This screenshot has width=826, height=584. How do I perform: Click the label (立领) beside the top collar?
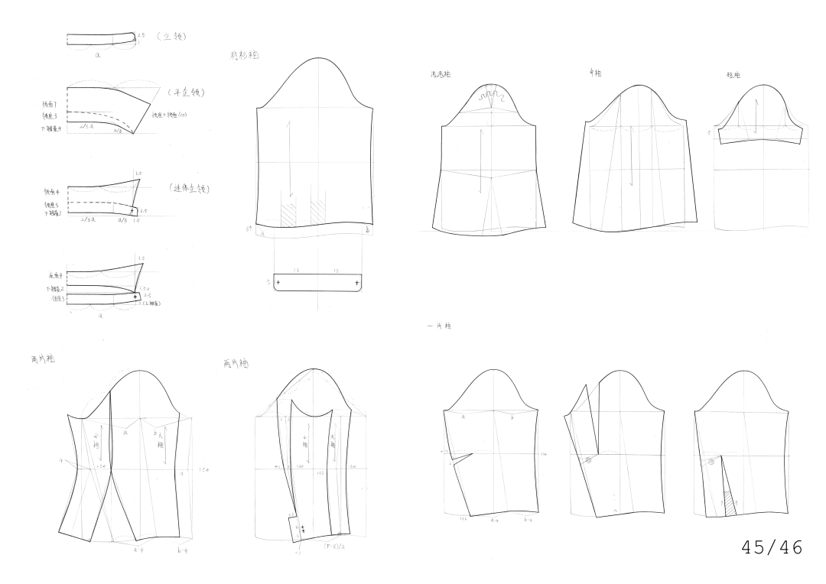172,36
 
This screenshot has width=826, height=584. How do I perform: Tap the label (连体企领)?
189,188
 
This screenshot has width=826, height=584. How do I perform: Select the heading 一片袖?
440,326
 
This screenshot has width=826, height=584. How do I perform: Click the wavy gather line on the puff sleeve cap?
492,96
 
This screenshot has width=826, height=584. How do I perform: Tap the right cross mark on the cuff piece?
357,283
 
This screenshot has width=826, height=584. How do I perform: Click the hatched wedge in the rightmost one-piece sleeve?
730,504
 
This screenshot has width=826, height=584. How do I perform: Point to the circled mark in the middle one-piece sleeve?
588,460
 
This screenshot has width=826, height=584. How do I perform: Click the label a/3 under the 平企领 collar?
117,131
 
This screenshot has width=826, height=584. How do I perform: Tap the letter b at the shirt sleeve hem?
368,229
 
